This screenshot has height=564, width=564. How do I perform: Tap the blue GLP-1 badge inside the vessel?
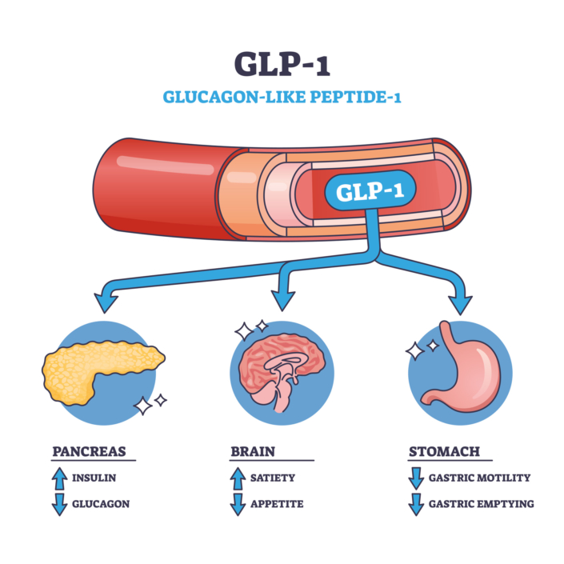pyautogui.click(x=369, y=192)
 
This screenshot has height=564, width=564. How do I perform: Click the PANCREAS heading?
pyautogui.click(x=89, y=451)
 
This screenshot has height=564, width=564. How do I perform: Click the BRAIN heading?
pyautogui.click(x=252, y=451)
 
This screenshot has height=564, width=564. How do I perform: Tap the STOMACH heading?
pyautogui.click(x=444, y=451)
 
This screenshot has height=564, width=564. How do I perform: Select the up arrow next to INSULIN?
pyautogui.click(x=59, y=478)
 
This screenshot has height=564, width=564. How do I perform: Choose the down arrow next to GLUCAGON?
pyautogui.click(x=59, y=504)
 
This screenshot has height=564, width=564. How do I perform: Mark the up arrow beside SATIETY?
pyautogui.click(x=237, y=478)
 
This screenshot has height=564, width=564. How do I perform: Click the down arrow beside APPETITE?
pyautogui.click(x=237, y=504)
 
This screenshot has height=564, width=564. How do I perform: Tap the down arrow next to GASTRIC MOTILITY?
pyautogui.click(x=414, y=478)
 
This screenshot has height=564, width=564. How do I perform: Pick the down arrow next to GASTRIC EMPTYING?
pyautogui.click(x=414, y=504)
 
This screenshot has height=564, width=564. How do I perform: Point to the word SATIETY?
pyautogui.click(x=273, y=478)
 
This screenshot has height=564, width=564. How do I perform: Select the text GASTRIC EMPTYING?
pyautogui.click(x=481, y=504)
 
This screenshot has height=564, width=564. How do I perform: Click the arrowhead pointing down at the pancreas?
pyautogui.click(x=106, y=302)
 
